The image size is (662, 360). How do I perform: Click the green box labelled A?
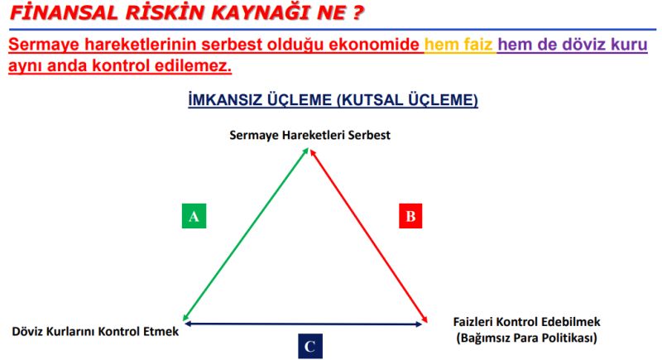194,216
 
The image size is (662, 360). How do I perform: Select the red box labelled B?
410,216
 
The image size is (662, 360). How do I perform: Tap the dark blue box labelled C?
310,347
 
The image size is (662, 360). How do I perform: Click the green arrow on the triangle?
246,234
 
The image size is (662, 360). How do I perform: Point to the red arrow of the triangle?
368,236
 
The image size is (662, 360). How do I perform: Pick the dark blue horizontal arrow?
303,324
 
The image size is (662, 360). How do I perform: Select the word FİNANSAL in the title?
63,12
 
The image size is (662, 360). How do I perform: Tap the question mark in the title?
357,12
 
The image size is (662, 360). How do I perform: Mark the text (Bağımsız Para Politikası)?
526,338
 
